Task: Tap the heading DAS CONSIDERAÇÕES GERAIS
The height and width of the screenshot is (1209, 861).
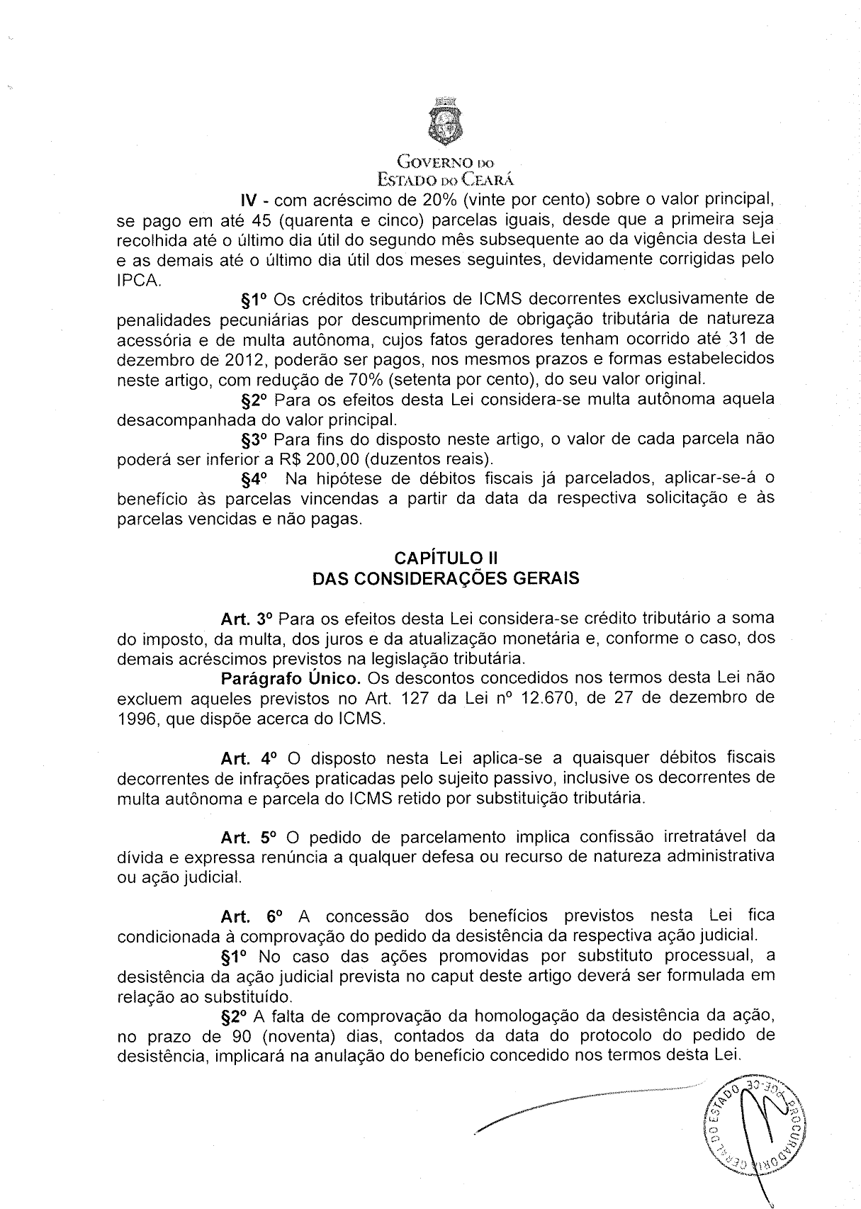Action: [x=446, y=578]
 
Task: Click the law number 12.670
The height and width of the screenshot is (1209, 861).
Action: [x=546, y=698]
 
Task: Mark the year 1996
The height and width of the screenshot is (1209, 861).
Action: [x=138, y=719]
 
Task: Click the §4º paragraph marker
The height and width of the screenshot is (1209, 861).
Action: [x=255, y=478]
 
